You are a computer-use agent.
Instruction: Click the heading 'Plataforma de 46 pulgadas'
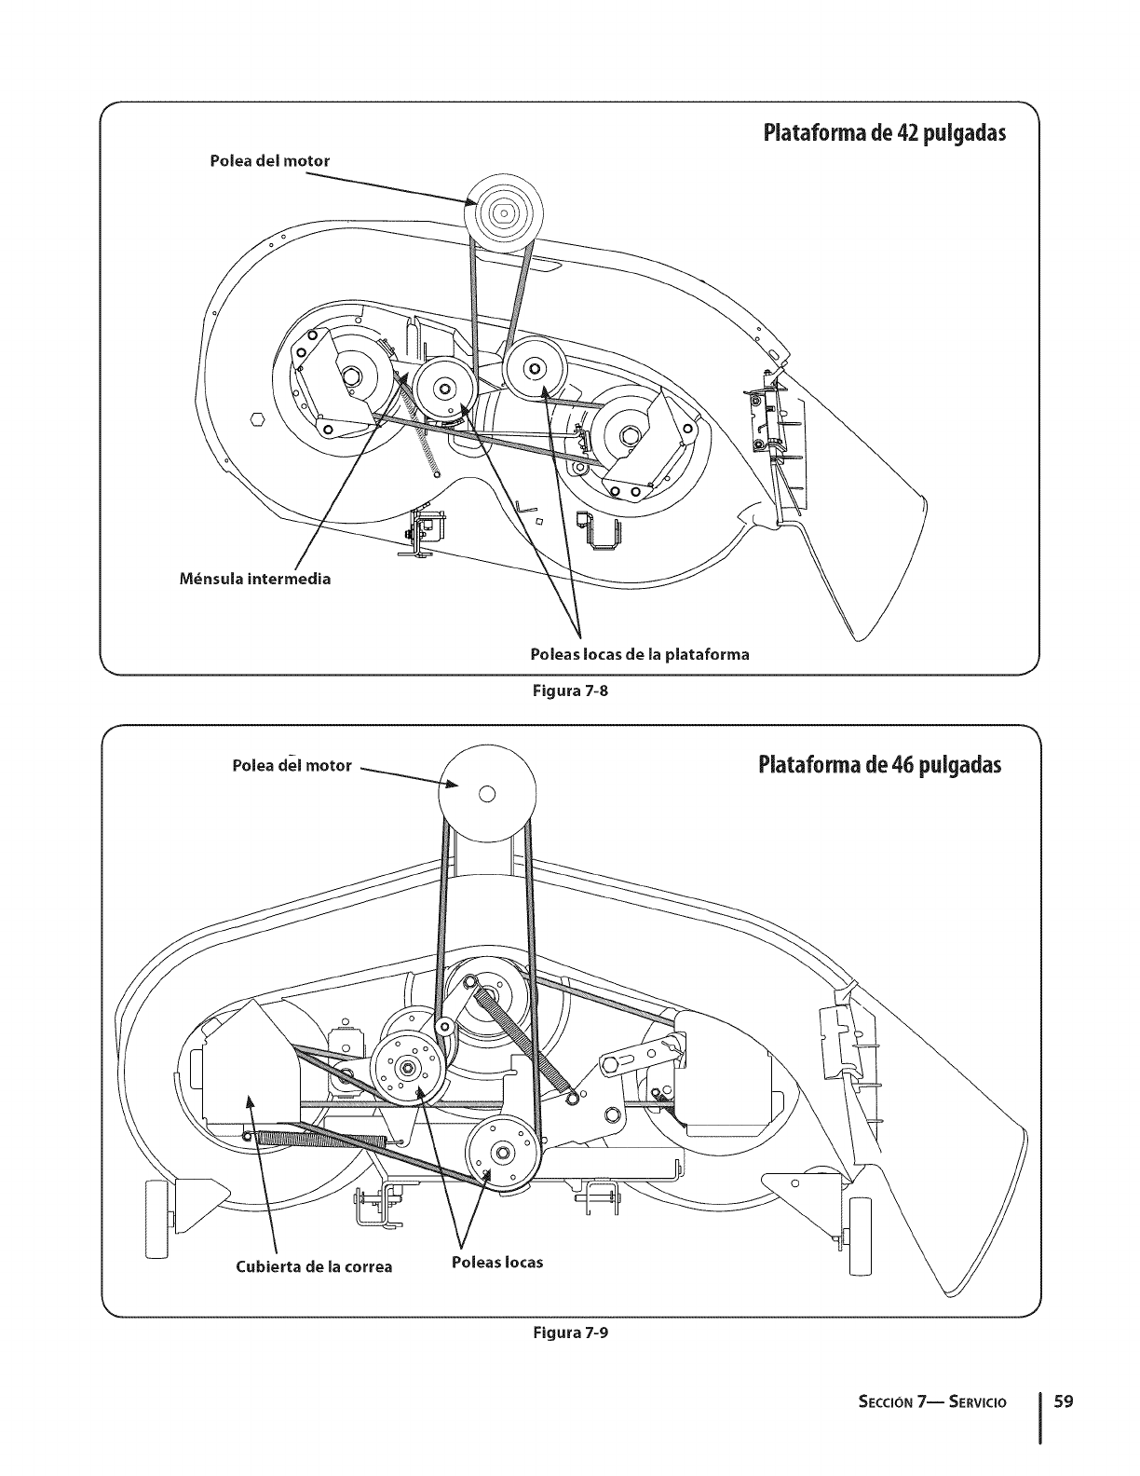click(879, 766)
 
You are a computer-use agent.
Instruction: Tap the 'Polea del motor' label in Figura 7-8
click(270, 160)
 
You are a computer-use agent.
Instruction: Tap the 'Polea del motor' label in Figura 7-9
click(292, 765)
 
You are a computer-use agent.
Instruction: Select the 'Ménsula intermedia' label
click(254, 579)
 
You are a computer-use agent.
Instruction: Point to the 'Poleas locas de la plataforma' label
click(639, 654)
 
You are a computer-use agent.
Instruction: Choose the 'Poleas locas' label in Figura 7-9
click(496, 1262)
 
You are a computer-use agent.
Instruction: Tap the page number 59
click(1063, 1401)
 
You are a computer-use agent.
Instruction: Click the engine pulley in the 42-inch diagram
click(501, 213)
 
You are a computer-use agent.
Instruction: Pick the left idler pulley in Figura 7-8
click(443, 389)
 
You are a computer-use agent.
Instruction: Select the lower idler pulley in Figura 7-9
click(503, 1153)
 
